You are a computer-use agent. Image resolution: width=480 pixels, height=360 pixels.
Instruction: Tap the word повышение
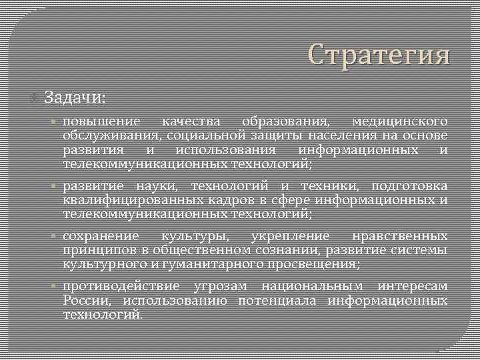point(102,122)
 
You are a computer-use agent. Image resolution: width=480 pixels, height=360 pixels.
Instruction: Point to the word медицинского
point(399,122)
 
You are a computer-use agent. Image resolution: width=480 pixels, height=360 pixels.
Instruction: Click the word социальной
point(211,136)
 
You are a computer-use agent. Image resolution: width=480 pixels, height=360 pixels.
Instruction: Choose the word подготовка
point(409,186)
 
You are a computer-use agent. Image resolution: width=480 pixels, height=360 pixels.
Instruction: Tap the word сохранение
point(101,236)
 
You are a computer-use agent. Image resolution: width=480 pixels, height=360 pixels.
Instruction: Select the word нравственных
point(399,236)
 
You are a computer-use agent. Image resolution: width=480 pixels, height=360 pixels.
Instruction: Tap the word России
point(83,301)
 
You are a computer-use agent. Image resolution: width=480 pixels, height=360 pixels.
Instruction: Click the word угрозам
point(220,287)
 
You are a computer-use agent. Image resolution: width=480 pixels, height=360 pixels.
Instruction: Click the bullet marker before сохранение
point(55,237)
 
